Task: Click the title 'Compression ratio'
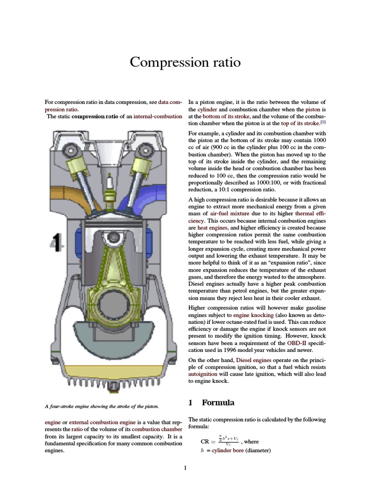185,63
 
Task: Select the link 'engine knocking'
253,315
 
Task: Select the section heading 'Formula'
218,403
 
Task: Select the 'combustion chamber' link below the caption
157,429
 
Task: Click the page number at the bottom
185,468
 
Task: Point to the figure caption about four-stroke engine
102,406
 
